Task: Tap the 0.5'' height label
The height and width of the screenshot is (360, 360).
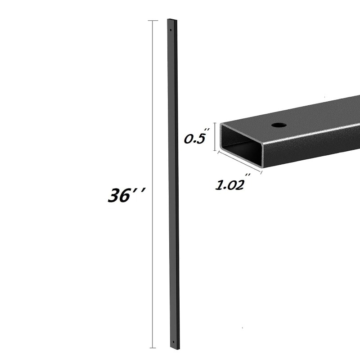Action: pyautogui.click(x=195, y=139)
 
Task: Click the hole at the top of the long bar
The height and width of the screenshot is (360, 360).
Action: pyautogui.click(x=171, y=30)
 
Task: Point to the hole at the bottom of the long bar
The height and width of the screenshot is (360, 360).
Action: pyautogui.click(x=174, y=343)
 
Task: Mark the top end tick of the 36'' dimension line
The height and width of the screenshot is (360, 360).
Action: pyautogui.click(x=153, y=21)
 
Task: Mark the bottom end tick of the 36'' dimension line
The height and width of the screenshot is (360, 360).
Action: pyautogui.click(x=153, y=348)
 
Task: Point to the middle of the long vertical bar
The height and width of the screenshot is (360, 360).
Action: pyautogui.click(x=173, y=184)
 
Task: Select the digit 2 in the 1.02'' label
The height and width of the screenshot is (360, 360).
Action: pyautogui.click(x=240, y=185)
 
